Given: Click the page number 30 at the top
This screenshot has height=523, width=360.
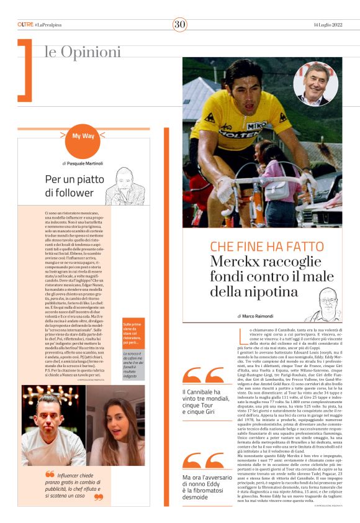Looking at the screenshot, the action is tap(180, 24).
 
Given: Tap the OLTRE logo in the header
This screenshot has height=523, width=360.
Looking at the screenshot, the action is tap(25, 24).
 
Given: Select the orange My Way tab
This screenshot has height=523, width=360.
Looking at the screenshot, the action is tap(83, 135).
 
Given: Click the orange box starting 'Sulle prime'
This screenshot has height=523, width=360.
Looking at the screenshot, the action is tap(134, 333).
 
